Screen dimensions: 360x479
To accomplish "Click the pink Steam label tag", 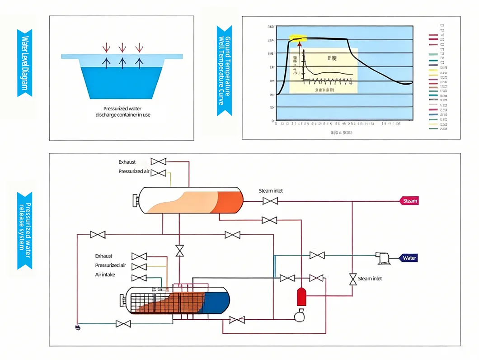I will pos(409,201).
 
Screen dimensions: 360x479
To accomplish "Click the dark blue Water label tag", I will pos(409,258).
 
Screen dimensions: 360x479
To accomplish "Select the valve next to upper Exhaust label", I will pos(158,161).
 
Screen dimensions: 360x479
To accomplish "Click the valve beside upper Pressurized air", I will pos(158,172).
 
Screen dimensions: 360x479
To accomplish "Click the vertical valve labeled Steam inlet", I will pos(352,279).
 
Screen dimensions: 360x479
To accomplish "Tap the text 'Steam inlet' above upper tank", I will pos(271,191).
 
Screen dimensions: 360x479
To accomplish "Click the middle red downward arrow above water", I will pos(122,47).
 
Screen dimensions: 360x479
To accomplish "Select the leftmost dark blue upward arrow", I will pos(106,62).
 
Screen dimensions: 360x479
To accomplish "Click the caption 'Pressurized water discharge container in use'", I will pos(122,112).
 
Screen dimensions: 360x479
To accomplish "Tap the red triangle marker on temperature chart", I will pos(299,43).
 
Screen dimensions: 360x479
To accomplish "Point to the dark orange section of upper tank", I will pos(230,201).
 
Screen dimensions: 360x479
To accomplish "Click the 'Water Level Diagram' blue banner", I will pos(24,63).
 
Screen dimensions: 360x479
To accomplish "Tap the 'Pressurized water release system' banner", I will pos(24,230).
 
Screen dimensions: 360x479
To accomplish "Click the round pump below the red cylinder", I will pos(299,316).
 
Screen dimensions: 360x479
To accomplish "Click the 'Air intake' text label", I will pos(105,275).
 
